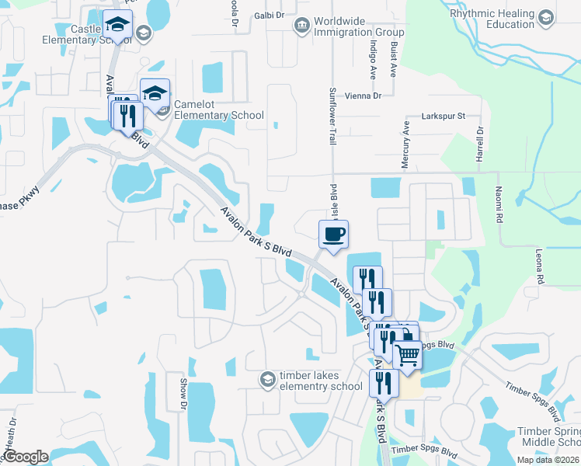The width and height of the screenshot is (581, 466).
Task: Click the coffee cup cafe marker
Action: point(333,235)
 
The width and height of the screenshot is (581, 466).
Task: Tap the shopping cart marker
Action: point(407,355)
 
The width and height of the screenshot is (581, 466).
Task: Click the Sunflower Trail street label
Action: point(332,105)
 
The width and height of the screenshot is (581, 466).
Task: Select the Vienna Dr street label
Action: point(367,96)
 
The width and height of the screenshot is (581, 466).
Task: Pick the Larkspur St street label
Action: point(443,116)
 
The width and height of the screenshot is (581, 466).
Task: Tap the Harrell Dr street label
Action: point(479,144)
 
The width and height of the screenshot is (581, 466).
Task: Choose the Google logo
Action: point(26,457)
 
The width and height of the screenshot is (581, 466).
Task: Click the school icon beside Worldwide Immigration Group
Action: point(301,27)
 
